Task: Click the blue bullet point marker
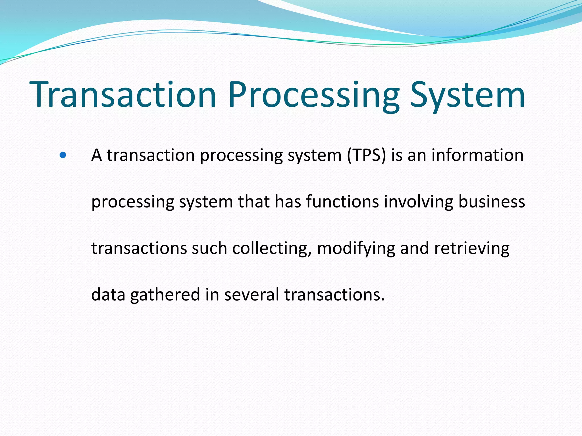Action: pos(63,155)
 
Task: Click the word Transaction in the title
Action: pos(123,95)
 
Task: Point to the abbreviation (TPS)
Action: pos(366,156)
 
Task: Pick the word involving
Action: pos(418,202)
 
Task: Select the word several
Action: pos(251,295)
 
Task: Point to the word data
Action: pos(108,295)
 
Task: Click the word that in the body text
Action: pos(254,202)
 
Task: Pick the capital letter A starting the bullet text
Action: pos(97,156)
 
